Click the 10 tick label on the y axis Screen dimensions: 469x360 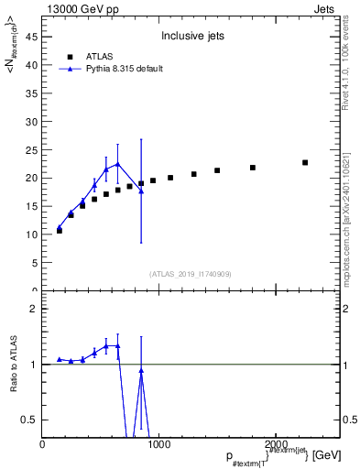(34, 234)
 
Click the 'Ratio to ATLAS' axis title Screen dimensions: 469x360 (13, 365)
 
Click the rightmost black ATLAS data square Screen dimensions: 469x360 (305, 162)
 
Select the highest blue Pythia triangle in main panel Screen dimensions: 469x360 (117, 164)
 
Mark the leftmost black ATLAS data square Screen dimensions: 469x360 (60, 230)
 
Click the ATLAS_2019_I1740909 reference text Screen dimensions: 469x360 (191, 273)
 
